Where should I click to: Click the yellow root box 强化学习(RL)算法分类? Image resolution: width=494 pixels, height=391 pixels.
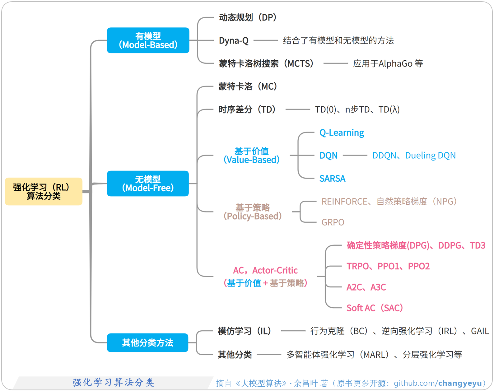pos(44,191)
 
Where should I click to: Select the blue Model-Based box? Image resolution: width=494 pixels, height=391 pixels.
pos(148,40)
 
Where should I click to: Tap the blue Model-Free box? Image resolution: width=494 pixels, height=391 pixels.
pos(148,184)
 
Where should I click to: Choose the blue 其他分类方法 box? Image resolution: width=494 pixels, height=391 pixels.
pos(147,342)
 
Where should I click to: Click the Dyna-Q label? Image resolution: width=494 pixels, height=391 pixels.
pos(234,40)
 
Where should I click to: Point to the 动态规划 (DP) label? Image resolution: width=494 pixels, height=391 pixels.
pos(248,17)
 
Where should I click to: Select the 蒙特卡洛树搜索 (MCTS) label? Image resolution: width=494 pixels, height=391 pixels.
pos(266,63)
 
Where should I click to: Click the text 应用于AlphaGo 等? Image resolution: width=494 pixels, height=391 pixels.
pos(388,63)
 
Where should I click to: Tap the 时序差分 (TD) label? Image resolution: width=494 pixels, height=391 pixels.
pos(247,109)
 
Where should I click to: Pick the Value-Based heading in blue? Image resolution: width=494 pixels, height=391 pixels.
pos(251,156)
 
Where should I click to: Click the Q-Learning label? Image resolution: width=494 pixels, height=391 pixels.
pos(342,133)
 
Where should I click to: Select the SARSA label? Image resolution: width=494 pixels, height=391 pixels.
pos(332,179)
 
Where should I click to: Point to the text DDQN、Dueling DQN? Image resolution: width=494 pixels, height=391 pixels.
pos(414,156)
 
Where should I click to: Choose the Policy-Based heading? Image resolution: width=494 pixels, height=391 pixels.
pos(253,212)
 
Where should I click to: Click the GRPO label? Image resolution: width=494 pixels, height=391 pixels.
pos(333,222)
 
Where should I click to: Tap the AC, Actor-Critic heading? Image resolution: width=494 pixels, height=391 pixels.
pos(265,270)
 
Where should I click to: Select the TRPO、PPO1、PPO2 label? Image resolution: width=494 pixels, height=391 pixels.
pos(388,266)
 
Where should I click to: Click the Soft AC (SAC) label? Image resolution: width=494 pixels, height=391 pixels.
pos(375,308)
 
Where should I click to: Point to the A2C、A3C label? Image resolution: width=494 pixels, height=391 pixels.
pos(366,287)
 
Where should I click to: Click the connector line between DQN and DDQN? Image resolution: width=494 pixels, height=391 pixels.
pos(355,156)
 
